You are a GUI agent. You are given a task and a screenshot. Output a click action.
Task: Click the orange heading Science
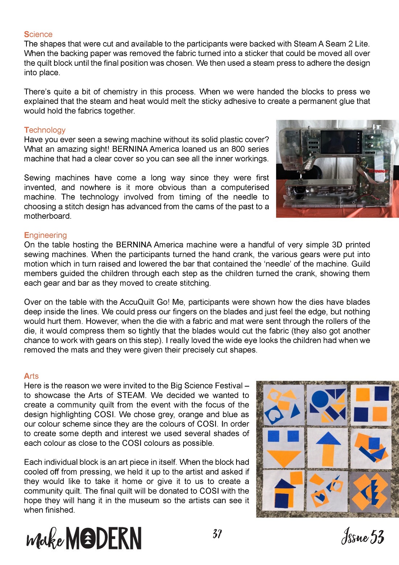(38, 34)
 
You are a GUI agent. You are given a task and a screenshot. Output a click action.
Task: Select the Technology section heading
(45, 130)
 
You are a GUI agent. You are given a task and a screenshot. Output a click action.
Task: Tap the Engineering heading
(45, 235)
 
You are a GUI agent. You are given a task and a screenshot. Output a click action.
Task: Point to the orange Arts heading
(31, 376)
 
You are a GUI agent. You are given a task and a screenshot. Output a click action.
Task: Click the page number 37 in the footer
(217, 534)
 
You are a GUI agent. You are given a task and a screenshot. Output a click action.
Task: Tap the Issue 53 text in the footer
(362, 536)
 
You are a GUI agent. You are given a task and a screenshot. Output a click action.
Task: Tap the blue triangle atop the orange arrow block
(328, 439)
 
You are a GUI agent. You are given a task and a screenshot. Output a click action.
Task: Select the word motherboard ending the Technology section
(47, 216)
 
